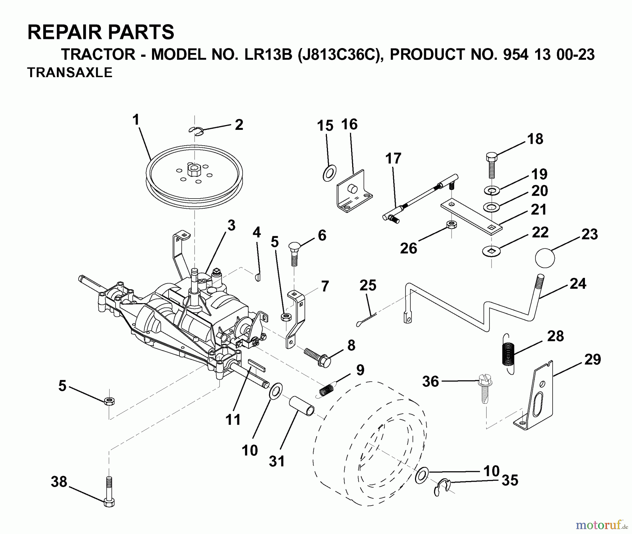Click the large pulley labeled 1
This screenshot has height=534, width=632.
click(194, 175)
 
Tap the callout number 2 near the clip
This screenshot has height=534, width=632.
click(239, 125)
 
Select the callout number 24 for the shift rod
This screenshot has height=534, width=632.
click(578, 283)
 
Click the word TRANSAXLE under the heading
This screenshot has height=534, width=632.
click(70, 73)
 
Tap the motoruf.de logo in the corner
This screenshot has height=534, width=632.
click(601, 525)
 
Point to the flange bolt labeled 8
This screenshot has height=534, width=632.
click(318, 358)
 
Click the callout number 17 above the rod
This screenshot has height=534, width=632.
click(393, 159)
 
